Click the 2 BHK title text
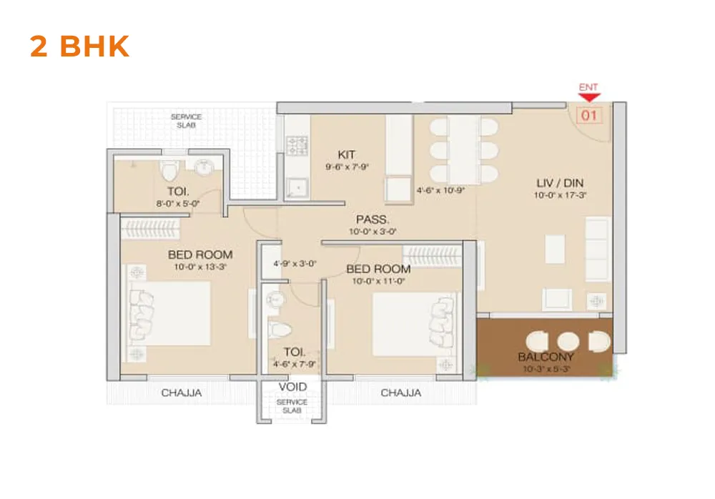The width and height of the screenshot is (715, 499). click(x=79, y=46)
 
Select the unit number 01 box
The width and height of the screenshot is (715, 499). click(x=589, y=114)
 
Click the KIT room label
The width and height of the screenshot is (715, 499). click(x=347, y=154)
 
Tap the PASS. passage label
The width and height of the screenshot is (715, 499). click(x=373, y=219)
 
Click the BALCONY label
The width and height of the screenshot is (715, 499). click(x=546, y=357)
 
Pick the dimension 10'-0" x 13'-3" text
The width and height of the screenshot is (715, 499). click(x=200, y=267)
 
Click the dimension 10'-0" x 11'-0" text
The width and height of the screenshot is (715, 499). click(x=378, y=281)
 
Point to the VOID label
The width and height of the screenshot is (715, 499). click(x=292, y=387)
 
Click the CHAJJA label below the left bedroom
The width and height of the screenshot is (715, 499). click(x=182, y=392)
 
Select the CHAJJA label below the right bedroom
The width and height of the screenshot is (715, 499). click(x=400, y=392)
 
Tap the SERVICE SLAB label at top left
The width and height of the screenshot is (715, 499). click(x=186, y=121)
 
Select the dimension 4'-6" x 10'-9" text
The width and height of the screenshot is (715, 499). click(x=440, y=191)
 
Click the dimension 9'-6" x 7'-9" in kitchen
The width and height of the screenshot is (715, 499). click(x=347, y=167)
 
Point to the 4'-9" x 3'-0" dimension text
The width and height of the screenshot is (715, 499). click(x=295, y=263)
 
